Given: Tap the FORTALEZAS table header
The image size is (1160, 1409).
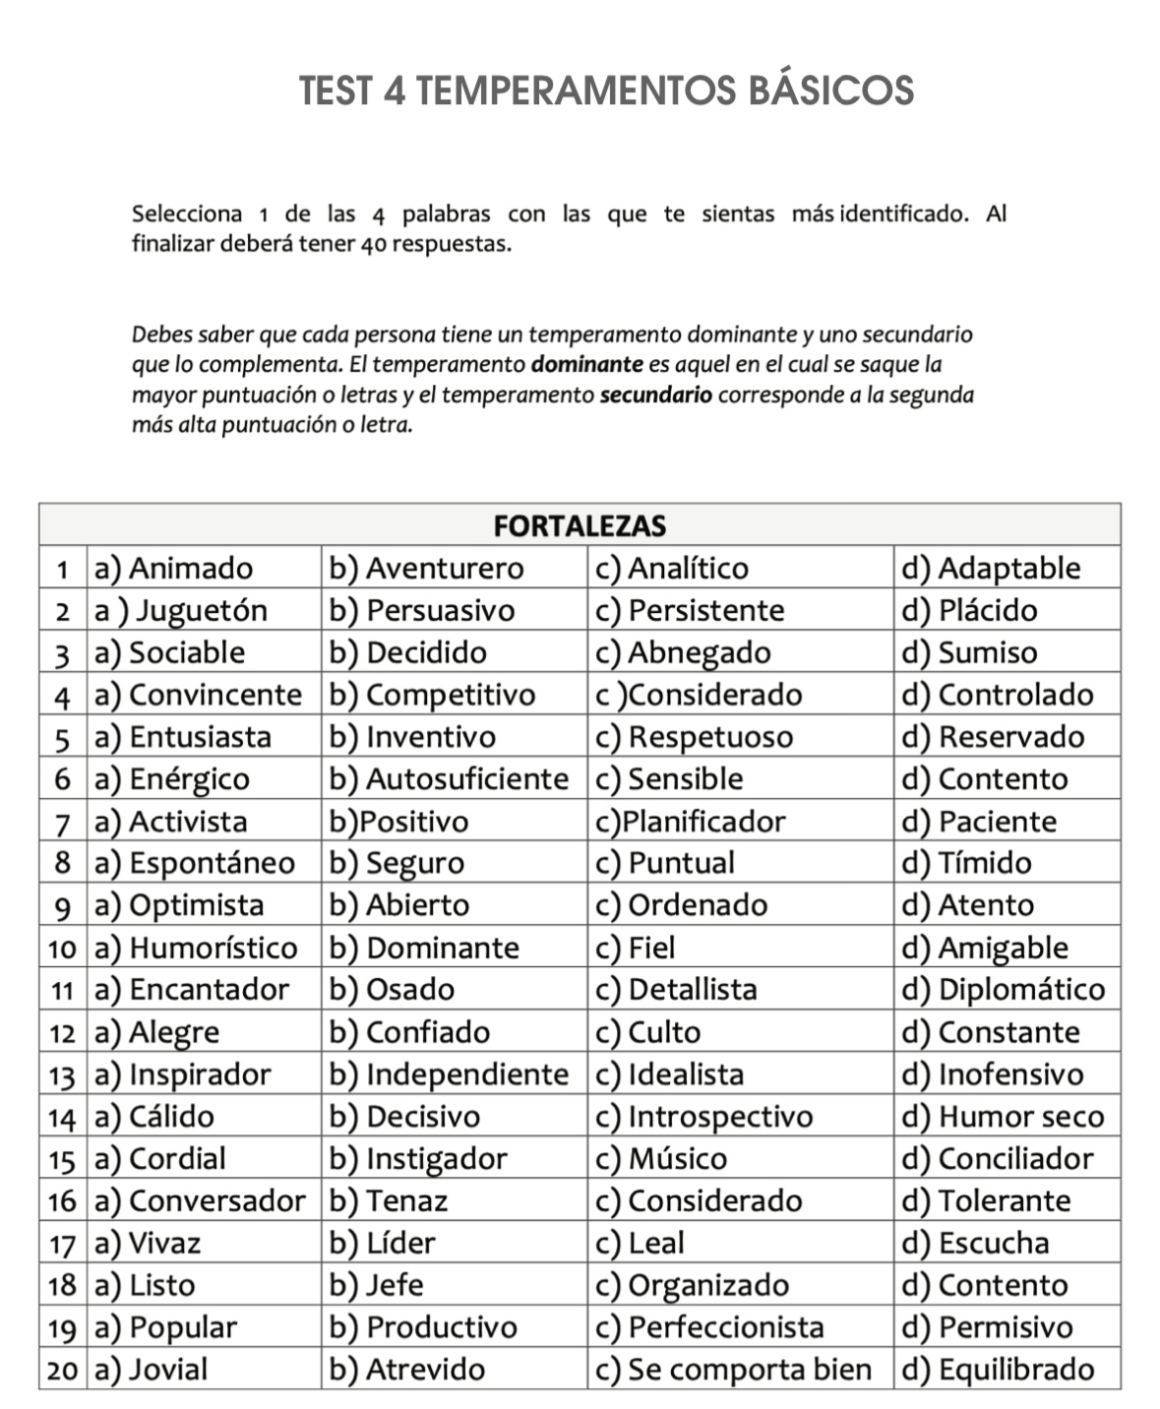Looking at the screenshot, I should [x=579, y=526].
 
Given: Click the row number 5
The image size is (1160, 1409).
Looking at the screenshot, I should [x=62, y=738].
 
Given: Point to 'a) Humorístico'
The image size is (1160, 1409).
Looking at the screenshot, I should [x=196, y=948].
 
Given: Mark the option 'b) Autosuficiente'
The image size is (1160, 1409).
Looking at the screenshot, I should [x=449, y=779].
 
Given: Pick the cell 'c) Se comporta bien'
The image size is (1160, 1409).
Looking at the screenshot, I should [x=734, y=1370].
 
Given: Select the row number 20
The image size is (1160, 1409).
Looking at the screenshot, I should [x=62, y=1370].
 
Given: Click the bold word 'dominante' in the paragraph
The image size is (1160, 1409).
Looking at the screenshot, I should [x=586, y=365].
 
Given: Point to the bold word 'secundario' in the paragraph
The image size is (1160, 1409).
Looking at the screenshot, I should [x=656, y=396].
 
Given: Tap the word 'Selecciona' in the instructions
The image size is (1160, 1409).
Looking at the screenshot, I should [x=187, y=214].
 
